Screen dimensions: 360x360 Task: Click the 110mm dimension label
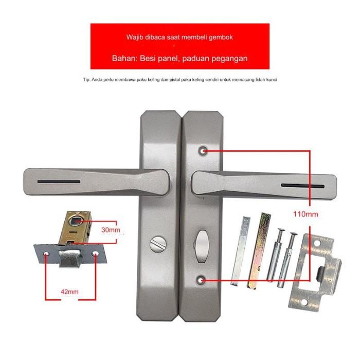[x=305, y=214]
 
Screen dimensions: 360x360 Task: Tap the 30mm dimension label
[x=111, y=230]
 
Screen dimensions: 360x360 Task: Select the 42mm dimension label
[x=69, y=292]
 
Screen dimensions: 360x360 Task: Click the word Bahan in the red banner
[x=122, y=58]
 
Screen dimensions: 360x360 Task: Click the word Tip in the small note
[x=86, y=80]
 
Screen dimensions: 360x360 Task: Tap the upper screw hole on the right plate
[x=203, y=151]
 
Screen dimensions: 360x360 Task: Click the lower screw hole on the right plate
[x=201, y=280]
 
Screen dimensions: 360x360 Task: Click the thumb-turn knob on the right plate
[x=202, y=246]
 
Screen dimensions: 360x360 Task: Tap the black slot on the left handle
[x=59, y=182]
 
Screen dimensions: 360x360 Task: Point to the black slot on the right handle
[x=303, y=186]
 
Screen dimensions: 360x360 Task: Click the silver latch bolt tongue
[x=69, y=258]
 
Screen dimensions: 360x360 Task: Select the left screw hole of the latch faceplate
[x=46, y=254]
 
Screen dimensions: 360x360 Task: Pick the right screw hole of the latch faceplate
[x=95, y=254]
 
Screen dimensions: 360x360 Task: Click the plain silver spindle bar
[x=240, y=251]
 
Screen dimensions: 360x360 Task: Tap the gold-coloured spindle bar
[x=259, y=251]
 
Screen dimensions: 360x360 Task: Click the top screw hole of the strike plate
[x=317, y=243]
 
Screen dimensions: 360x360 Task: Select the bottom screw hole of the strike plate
[x=304, y=302]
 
